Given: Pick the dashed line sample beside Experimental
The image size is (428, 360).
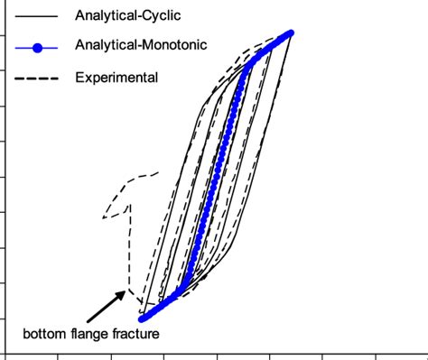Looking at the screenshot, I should pos(35,78).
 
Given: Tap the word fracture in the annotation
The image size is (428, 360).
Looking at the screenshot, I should pos(136,335).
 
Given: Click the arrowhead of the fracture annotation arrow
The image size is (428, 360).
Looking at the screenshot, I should pos(126,291).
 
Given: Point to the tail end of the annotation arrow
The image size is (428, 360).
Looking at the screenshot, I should pos(89,320).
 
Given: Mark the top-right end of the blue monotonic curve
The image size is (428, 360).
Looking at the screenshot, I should pos(292,33).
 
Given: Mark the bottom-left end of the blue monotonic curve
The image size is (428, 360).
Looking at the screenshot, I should pos(142,318).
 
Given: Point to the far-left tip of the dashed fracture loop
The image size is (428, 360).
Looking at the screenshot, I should pos(103,217).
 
